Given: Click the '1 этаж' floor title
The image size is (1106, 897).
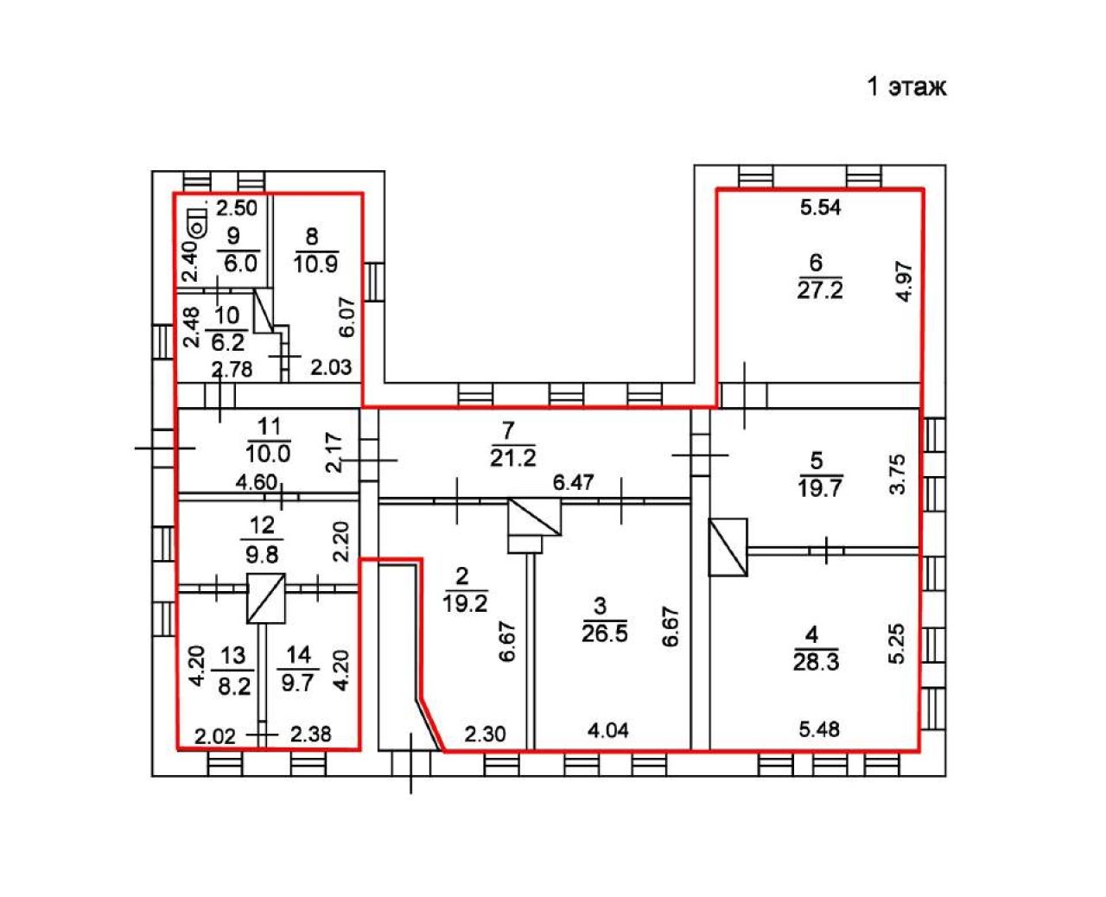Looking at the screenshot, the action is pos(906,86).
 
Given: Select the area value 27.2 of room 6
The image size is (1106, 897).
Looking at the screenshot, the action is pos(819,289).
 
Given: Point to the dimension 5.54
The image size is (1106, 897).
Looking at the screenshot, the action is pos(820,207).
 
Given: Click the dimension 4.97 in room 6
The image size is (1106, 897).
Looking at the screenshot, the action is pos(904,281).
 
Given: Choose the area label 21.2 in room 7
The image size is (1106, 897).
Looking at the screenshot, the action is pos(513,458).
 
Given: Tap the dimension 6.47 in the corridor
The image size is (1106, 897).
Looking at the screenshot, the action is pos(573,482).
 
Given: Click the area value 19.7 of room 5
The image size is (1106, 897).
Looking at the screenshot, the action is pos(819,488).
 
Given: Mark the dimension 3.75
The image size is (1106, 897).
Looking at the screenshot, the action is pos(897,474).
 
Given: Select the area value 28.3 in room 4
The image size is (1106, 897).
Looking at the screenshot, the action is pos(816,663).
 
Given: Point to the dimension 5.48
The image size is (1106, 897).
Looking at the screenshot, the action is pos(819,729).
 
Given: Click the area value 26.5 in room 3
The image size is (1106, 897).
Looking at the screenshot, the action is pos(604,633).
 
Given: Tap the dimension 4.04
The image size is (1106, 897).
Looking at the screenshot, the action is pos(608,731).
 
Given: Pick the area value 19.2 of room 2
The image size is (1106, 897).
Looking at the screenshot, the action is pos(465,603).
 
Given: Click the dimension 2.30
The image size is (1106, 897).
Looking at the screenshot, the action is pos(485,735).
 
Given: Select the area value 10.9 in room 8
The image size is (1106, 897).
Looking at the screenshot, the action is pos(315,264).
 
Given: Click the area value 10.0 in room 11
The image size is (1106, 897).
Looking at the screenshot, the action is pos(268,455).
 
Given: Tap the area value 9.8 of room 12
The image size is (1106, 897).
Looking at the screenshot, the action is pos(262,556).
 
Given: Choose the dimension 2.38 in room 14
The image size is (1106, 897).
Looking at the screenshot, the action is pos(310,735).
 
